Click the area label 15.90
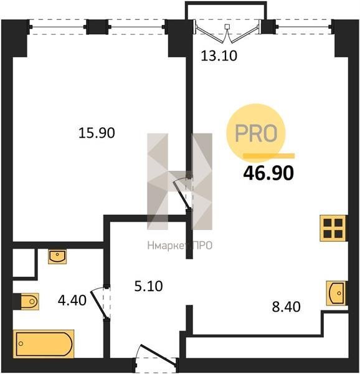coord(97,133)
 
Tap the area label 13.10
coord(219,56)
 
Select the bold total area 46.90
coord(268,173)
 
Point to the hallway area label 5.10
coord(148,286)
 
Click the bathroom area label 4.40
coord(72,300)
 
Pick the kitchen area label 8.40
coord(286,307)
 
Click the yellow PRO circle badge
coord(256,133)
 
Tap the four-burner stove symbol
coord(333,228)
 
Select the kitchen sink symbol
coord(336,293)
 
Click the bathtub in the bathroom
coord(44,343)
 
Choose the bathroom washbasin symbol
coord(57,256)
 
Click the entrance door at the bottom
coord(156,357)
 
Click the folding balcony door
coord(227,32)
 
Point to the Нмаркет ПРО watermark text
coord(179,246)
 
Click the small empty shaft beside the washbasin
coord(24,263)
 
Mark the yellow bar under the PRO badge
coord(268,156)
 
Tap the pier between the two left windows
coord(97,27)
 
